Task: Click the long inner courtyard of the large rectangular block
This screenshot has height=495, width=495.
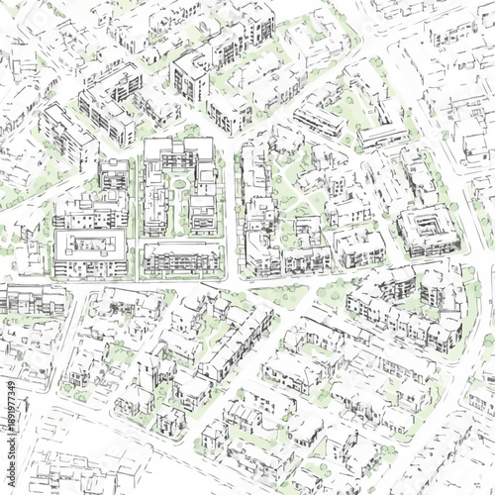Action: [x=90, y=244]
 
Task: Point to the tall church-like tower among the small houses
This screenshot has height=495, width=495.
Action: [x=148, y=366]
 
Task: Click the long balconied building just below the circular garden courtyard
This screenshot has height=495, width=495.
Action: [x=182, y=258]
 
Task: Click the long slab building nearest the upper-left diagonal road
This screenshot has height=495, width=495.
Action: [x=67, y=134]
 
